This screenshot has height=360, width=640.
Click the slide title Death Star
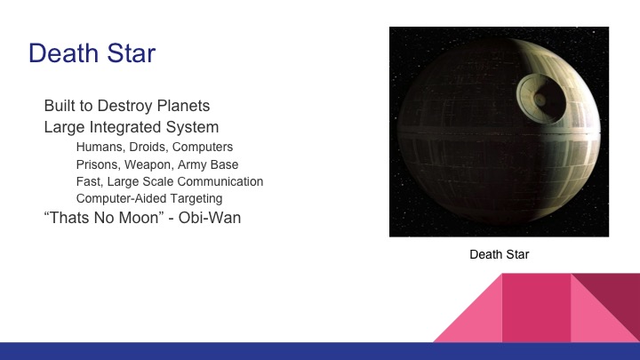coord(92,54)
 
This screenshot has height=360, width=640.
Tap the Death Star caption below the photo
coord(499,255)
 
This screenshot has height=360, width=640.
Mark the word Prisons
coord(100,164)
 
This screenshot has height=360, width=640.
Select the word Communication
coord(222,181)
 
